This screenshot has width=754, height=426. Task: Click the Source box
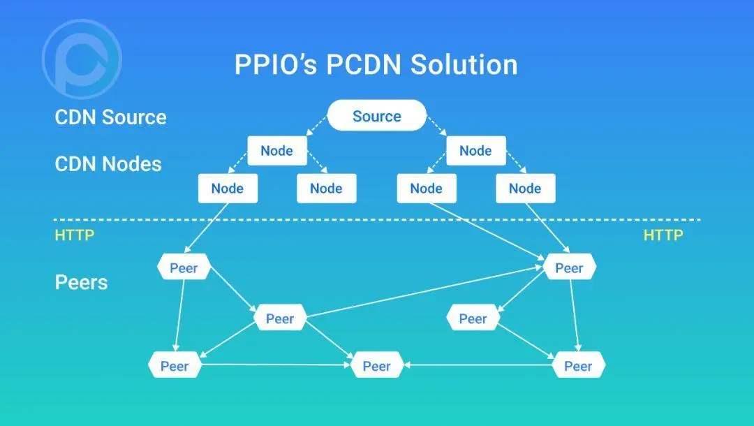[376, 116]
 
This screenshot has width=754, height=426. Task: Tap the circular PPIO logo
[82, 59]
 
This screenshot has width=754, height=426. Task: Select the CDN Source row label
[110, 117]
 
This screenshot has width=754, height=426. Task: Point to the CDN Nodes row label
[108, 164]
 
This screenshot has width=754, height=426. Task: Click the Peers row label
[81, 282]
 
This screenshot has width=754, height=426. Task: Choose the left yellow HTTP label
[74, 235]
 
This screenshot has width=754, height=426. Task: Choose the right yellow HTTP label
[663, 235]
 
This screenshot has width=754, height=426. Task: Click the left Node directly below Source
[276, 151]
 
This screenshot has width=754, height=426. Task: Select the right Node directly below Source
[475, 151]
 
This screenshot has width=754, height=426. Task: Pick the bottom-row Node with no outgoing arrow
[326, 188]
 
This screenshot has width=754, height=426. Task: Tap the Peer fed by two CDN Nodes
[569, 267]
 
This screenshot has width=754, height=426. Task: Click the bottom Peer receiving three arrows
[376, 366]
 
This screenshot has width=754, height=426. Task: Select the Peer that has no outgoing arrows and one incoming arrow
[473, 319]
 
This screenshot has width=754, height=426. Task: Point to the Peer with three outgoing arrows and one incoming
[279, 319]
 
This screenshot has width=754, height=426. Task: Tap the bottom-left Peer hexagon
[175, 366]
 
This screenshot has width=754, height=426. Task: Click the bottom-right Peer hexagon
[578, 366]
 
